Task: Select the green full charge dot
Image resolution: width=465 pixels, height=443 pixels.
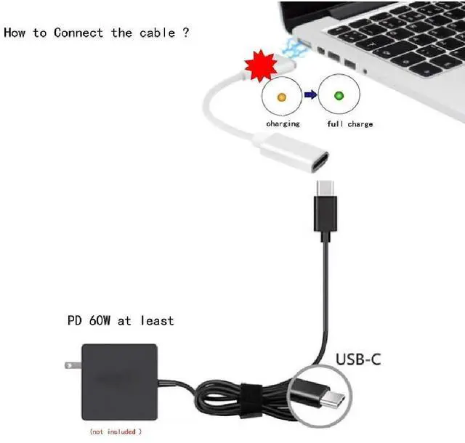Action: (339, 96)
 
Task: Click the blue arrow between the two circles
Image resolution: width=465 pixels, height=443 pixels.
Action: (310, 96)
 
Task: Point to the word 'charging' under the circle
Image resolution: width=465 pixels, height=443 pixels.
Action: (283, 124)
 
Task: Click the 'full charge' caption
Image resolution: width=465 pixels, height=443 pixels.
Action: (349, 124)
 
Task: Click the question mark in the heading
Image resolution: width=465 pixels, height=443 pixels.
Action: (185, 33)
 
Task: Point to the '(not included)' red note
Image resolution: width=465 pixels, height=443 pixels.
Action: (116, 432)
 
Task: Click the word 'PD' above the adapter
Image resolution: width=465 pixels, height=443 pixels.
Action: (73, 320)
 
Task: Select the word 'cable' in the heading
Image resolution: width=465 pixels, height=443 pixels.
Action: (155, 33)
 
